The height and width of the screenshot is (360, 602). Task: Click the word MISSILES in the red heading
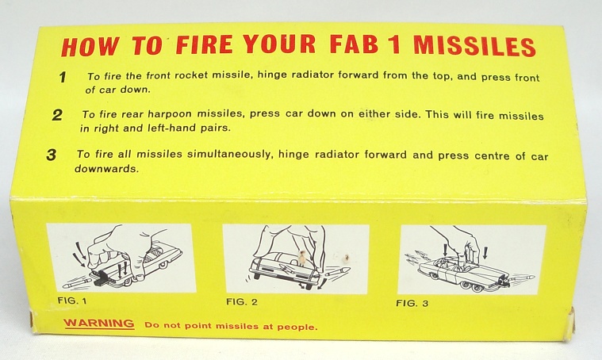point(474,46)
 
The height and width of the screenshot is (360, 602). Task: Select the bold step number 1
point(63,77)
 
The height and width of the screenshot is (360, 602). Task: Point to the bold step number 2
point(57,115)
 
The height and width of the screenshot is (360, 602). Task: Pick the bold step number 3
point(51,155)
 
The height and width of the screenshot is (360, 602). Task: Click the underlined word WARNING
point(99,324)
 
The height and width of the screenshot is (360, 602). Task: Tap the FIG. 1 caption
point(72,301)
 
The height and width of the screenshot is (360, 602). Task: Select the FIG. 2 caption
point(241,301)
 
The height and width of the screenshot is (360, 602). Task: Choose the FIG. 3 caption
point(412,303)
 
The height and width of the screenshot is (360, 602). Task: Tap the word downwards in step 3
point(106,168)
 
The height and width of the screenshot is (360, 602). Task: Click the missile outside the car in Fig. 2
point(337,273)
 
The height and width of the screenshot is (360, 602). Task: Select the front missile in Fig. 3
point(523,276)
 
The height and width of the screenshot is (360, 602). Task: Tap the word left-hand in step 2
point(171,128)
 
